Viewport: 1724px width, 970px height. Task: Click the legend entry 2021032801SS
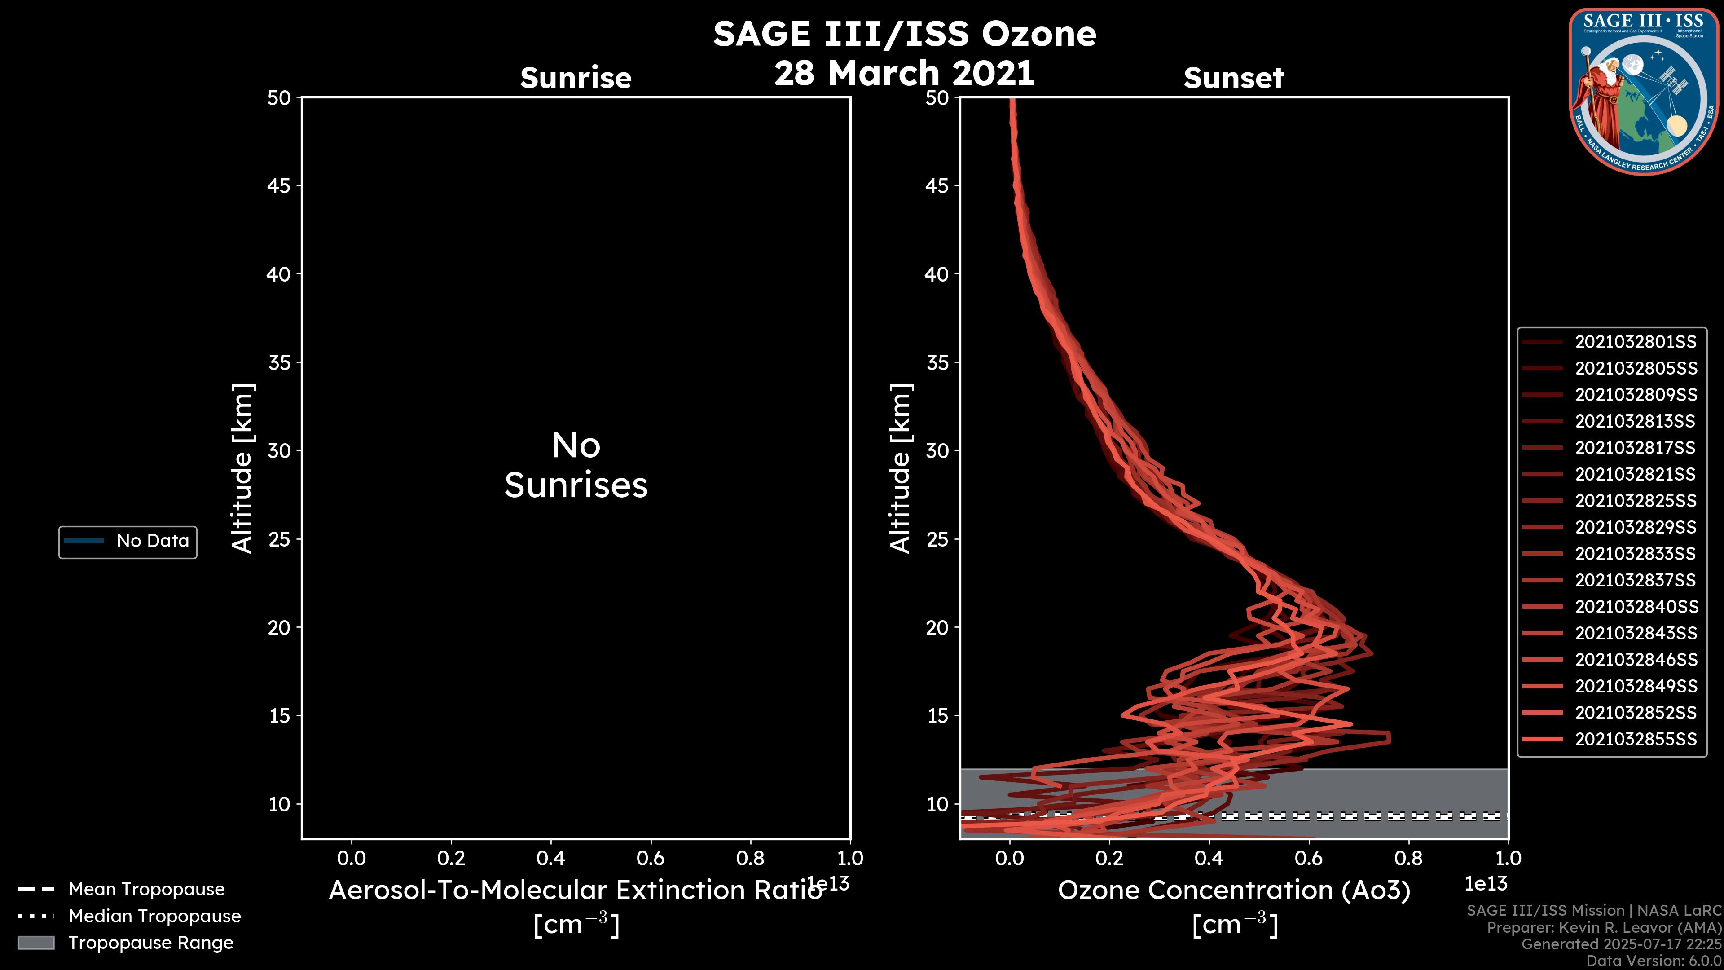[1635, 342]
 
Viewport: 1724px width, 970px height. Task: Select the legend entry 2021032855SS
[1635, 739]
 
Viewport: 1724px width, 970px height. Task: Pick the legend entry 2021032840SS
[1635, 607]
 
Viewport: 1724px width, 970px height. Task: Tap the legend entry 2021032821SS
[1635, 474]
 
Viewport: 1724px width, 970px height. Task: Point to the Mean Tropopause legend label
[146, 889]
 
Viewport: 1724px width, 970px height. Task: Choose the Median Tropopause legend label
[154, 916]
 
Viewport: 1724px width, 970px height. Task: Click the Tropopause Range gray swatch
[35, 943]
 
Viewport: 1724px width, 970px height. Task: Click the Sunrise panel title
[576, 78]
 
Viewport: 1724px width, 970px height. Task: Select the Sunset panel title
[1233, 78]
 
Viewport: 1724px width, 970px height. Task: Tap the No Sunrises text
[576, 465]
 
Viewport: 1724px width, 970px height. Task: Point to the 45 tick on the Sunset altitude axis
[937, 185]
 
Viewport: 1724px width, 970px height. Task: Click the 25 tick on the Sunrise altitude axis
[280, 539]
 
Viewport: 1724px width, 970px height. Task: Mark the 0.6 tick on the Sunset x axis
[1308, 858]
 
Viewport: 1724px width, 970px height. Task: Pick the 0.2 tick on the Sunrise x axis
[451, 858]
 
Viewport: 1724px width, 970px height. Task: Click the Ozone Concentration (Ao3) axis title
[1233, 891]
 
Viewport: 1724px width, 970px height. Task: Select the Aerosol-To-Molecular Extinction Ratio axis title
[576, 891]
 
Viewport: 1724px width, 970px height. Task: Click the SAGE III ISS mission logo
[1642, 92]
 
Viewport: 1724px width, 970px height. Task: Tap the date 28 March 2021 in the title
[904, 73]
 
